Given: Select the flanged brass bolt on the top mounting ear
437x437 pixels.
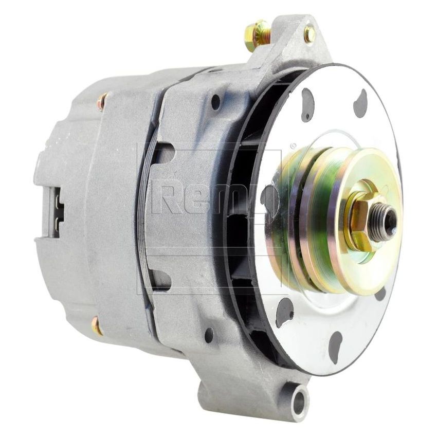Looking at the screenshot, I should [257, 34].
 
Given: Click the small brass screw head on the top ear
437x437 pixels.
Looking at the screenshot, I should [309, 34].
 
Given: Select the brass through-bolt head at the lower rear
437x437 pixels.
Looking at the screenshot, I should [96, 326].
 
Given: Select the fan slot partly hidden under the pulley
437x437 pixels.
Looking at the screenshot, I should [380, 295].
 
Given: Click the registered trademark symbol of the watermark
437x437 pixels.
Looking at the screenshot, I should [293, 145].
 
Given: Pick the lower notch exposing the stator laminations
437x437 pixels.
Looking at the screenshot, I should [158, 279].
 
